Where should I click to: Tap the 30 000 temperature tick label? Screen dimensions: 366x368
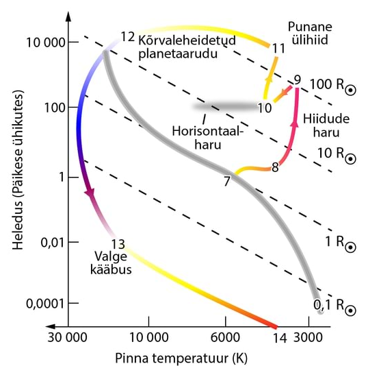point(68,338)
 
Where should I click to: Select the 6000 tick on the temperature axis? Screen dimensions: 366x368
point(225,338)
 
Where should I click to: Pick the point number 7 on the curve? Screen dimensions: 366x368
point(227,182)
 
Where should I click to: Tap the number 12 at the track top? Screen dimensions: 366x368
point(127,36)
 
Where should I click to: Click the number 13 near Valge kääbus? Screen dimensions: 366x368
point(117,243)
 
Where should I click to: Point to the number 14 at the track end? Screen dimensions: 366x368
point(279,338)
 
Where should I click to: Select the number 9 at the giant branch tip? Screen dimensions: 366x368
point(297,79)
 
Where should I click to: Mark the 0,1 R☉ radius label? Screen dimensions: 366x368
point(334,306)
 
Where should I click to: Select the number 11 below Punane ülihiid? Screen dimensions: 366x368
point(278,49)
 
